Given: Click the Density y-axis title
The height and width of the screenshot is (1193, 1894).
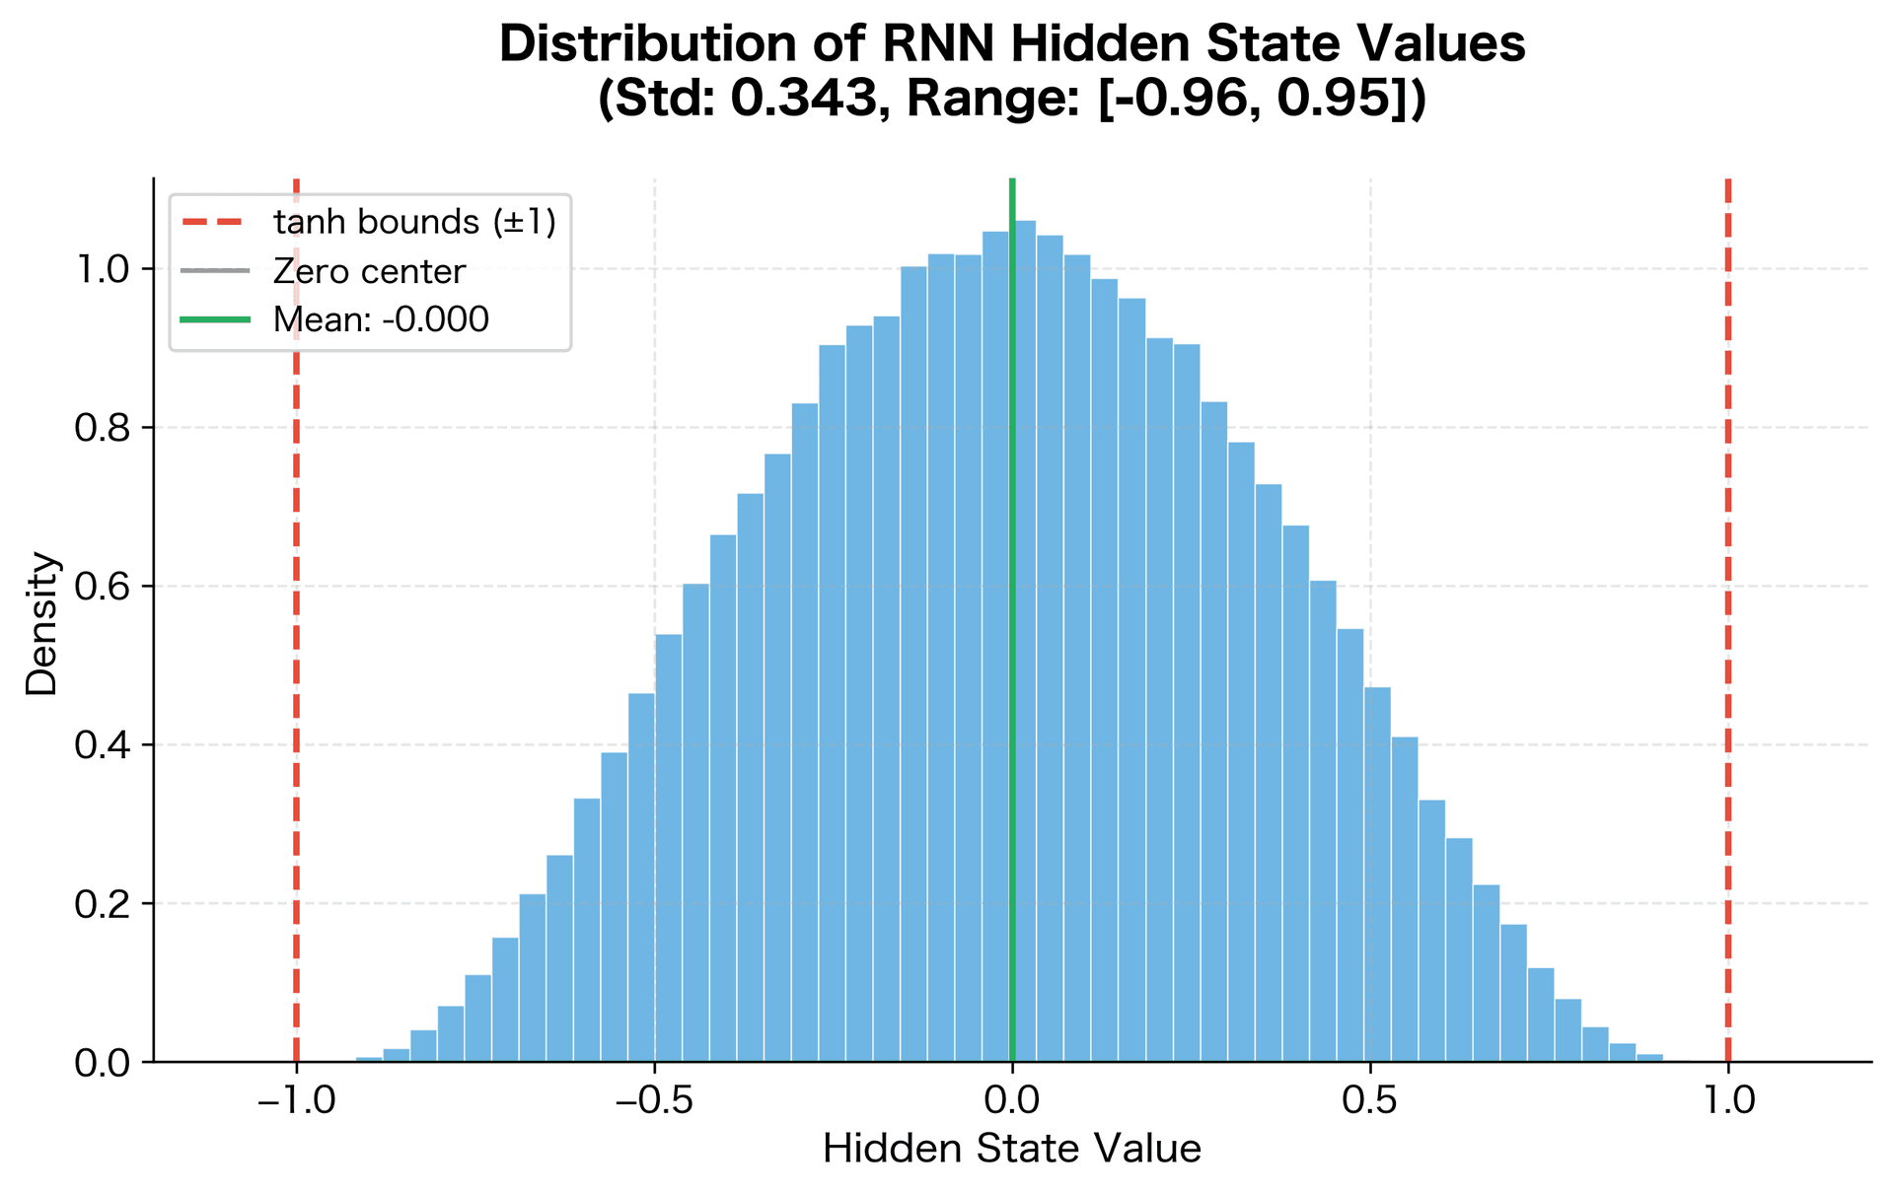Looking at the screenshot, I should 42,623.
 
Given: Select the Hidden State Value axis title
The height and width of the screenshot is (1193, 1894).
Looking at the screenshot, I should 1012,1150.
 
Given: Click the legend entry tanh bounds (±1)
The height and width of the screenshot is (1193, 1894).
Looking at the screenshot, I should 414,222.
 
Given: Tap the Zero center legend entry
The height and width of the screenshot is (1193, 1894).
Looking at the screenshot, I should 369,271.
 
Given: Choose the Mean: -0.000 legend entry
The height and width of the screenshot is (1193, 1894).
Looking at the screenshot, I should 381,319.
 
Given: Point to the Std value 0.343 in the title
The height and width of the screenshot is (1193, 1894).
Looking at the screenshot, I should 804,99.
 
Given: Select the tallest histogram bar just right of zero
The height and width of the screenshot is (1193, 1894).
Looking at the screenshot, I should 1025,641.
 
